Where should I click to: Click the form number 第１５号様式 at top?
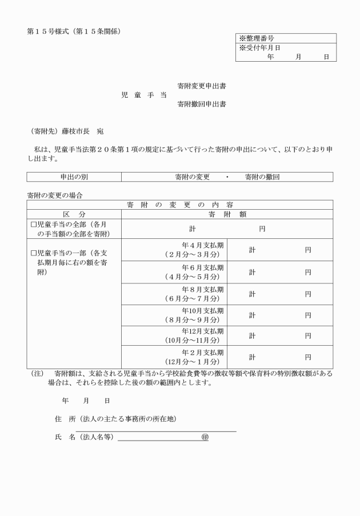(50, 31)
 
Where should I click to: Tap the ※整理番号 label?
(257, 38)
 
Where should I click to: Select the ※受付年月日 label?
(260, 48)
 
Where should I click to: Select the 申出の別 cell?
(74, 177)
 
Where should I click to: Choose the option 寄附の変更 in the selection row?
(193, 177)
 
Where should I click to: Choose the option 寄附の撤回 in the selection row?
(262, 177)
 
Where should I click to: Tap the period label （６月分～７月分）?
(191, 298)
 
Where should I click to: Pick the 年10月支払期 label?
(202, 311)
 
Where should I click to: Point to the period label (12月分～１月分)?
(191, 362)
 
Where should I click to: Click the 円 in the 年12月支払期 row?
(308, 336)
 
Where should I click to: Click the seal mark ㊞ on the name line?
(205, 437)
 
